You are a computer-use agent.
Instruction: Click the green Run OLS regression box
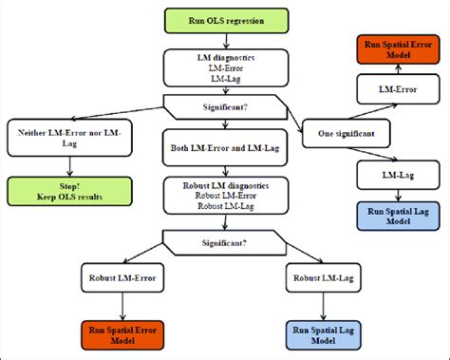226,21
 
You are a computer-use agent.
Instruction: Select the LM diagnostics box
226,67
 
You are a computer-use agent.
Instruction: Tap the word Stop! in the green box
69,186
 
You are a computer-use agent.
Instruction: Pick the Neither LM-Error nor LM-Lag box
69,138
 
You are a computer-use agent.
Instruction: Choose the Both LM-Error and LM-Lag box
225,147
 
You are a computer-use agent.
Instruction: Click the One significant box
346,133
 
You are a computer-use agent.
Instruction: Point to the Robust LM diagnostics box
226,196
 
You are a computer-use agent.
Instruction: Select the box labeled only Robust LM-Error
122,277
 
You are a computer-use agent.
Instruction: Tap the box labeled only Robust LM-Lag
323,277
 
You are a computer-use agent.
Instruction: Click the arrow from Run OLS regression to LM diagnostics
226,41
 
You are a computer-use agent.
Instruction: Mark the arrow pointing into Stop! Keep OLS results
69,166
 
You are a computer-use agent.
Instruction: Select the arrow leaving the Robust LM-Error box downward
122,307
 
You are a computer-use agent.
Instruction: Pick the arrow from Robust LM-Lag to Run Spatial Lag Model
323,307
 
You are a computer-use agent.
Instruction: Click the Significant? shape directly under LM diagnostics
225,107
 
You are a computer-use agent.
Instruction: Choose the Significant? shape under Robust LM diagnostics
224,243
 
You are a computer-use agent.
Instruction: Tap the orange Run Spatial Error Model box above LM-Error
398,49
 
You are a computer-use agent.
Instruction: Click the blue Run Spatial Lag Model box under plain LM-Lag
398,216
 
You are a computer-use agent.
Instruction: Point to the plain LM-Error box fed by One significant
398,89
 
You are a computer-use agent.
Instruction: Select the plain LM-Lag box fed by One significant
398,175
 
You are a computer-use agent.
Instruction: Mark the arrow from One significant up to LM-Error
372,112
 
